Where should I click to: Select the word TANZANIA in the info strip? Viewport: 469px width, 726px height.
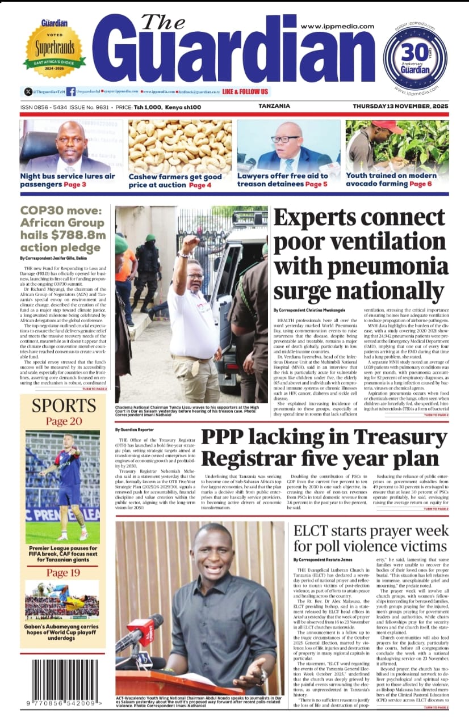tap(274, 106)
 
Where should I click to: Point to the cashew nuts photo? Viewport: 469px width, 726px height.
tap(179, 146)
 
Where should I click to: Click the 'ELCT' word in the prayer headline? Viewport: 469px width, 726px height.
tap(313, 531)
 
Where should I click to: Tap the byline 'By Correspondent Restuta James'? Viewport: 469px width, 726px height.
tap(326, 559)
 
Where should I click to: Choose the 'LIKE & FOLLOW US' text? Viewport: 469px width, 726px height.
tap(245, 91)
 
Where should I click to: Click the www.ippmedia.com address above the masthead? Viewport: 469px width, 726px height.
tap(337, 27)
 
